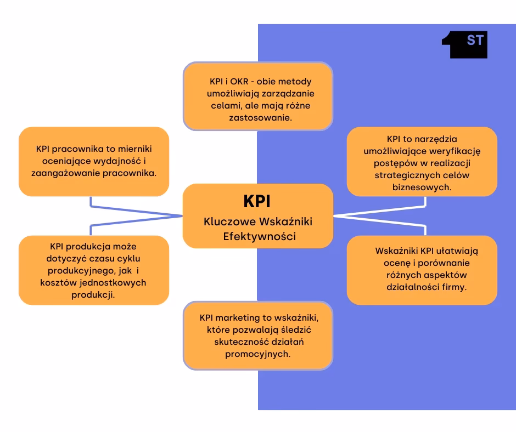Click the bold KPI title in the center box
pos(257,201)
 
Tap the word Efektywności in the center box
pos(260,236)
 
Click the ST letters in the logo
pos(475,40)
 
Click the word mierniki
pos(135,149)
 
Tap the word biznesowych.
pos(422,187)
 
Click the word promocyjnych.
pos(257,354)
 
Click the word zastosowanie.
pos(260,118)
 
